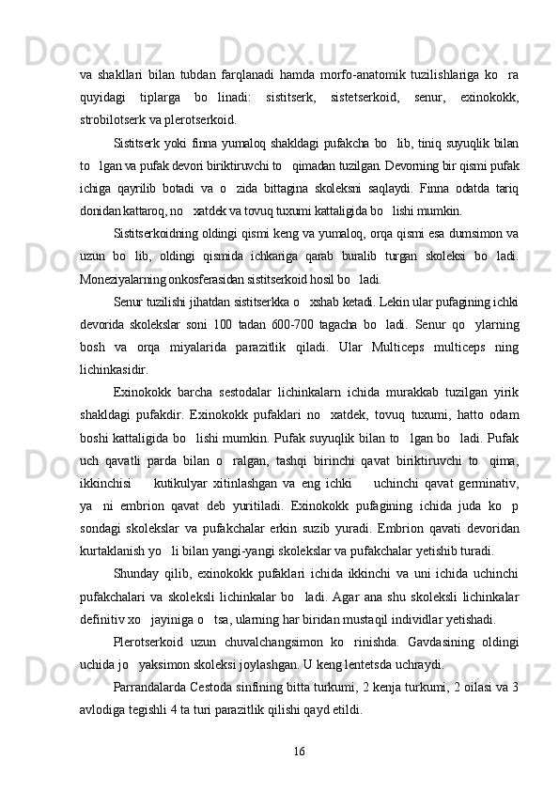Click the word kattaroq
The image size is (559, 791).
(143, 209)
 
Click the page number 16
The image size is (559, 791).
(299, 773)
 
